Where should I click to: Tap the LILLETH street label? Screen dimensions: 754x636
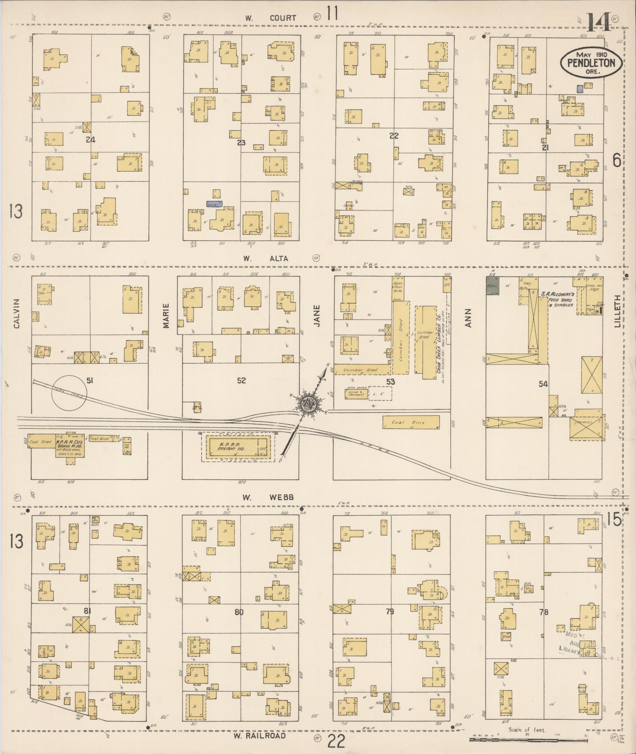coord(617,311)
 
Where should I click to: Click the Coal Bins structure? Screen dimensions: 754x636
coord(411,423)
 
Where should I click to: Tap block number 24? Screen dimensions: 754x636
coord(91,139)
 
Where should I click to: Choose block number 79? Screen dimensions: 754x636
coord(390,612)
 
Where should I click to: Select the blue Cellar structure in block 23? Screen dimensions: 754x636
coord(214,204)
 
